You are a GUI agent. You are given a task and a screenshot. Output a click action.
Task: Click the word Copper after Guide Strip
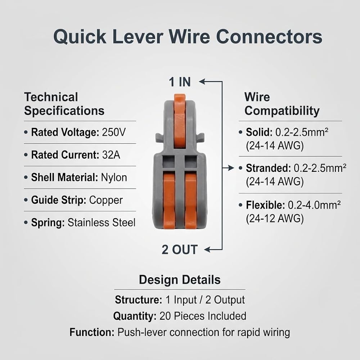click(106, 200)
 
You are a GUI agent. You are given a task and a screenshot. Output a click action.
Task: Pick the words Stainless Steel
click(102, 222)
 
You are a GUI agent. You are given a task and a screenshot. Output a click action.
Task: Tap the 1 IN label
click(180, 82)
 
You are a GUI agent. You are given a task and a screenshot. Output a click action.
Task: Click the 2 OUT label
click(180, 249)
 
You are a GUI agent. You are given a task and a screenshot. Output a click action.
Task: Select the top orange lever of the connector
click(180, 121)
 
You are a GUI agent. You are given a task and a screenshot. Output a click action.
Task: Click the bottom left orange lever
click(169, 201)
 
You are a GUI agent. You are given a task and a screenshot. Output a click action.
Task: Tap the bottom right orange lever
click(190, 201)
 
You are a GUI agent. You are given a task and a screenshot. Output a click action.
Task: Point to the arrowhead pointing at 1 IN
click(202, 81)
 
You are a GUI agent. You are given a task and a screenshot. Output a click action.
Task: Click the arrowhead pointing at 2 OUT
click(207, 249)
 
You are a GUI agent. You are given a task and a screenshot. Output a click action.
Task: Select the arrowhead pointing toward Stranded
click(231, 168)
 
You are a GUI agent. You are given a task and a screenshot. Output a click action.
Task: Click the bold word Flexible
click(265, 205)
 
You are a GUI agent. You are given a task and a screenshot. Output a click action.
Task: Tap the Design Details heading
click(180, 280)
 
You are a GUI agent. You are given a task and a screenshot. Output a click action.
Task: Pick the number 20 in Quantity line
click(165, 316)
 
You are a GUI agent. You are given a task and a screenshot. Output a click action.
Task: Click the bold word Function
click(92, 332)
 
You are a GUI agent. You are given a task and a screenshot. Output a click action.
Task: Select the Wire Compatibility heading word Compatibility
click(282, 111)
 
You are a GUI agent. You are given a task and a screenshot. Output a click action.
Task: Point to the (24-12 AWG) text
click(275, 219)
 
